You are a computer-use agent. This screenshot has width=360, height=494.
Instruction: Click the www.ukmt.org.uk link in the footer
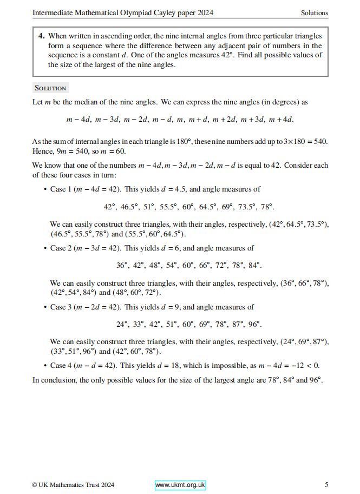click(180, 485)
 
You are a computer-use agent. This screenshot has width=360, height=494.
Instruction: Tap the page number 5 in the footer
click(326, 485)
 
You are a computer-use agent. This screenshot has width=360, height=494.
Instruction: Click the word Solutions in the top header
click(315, 13)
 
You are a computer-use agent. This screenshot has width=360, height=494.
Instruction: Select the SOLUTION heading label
click(50, 88)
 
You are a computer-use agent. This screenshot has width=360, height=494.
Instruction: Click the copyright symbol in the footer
click(35, 485)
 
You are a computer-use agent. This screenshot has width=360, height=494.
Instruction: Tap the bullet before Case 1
click(43, 189)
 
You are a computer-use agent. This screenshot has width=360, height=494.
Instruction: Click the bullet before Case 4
click(43, 366)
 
